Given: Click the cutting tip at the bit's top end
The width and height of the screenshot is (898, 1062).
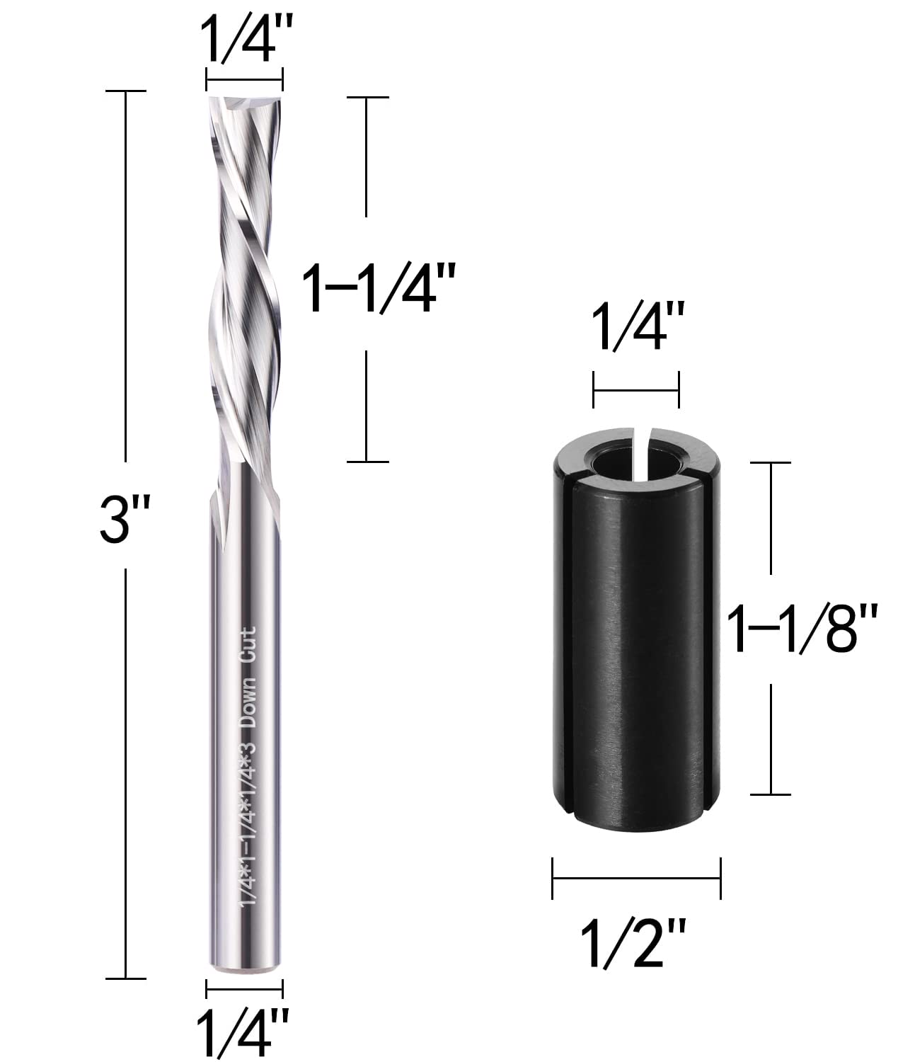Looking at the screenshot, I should coord(244,103).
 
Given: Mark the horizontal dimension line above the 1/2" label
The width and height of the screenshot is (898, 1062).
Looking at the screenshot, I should coord(636,878).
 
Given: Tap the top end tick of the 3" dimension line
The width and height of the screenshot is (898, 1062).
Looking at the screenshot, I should coord(126,91).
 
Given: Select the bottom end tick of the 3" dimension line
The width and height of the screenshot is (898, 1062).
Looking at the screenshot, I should coord(126,979).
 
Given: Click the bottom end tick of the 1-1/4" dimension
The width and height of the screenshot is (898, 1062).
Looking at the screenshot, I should coord(367,462).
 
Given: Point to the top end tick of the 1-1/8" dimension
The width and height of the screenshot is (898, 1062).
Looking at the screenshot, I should coord(770,462).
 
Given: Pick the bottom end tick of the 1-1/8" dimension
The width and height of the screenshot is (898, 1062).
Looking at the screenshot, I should coord(770,794).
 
